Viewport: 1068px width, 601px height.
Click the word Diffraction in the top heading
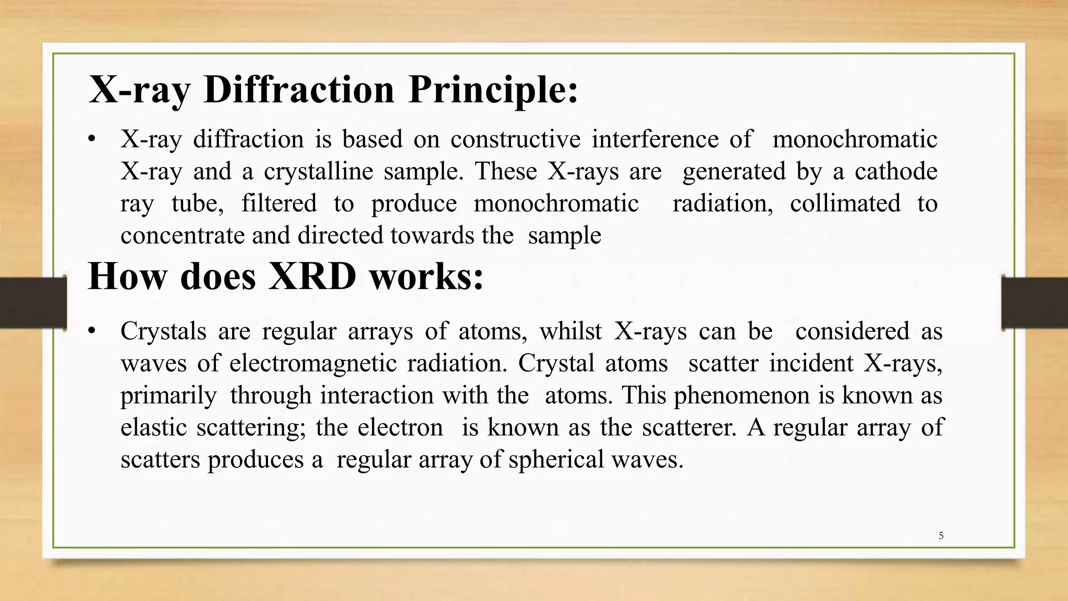point(299,90)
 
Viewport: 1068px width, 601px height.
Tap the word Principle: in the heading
point(493,90)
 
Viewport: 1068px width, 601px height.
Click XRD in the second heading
point(312,277)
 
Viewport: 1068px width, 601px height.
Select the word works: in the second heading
point(427,277)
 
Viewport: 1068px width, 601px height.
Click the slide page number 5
point(941,536)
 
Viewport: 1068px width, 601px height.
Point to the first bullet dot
point(92,140)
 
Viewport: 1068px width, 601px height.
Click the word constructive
point(515,140)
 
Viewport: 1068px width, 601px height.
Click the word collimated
point(845,203)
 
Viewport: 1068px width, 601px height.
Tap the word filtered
point(279,203)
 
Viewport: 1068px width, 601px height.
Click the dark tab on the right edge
point(1035,303)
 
